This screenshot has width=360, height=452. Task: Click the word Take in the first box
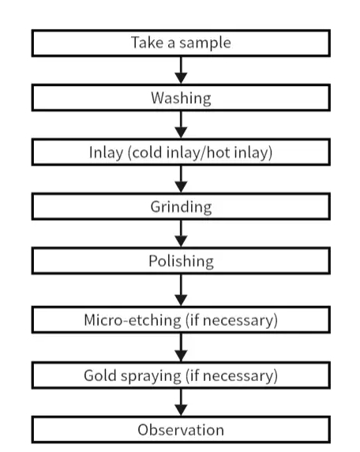pos(147,43)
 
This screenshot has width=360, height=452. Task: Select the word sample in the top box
pos(205,43)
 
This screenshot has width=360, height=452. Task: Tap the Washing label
pos(181,99)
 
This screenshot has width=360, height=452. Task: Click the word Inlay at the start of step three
pos(106,153)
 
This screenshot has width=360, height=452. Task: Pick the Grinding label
pos(181,207)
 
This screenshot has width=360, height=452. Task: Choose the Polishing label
pos(181,261)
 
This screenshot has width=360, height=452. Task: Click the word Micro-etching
pos(133,320)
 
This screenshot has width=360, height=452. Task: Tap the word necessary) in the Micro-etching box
pos(240,320)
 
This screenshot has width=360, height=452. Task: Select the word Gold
pos(100,375)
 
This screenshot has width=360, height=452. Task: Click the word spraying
pos(151,376)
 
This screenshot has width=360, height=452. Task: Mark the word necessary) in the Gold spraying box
pos(240,376)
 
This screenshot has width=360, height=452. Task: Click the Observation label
pos(181,430)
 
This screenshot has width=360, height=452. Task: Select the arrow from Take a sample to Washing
pos(181,69)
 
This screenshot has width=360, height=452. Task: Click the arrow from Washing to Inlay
pos(181,125)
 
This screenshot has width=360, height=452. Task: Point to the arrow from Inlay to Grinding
pos(181,179)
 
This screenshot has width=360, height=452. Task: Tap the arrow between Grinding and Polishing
pos(181,233)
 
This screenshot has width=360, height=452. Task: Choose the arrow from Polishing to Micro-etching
pos(181,290)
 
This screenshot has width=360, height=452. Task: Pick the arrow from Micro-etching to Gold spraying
pos(181,347)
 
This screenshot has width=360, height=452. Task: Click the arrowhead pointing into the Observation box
pos(181,409)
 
